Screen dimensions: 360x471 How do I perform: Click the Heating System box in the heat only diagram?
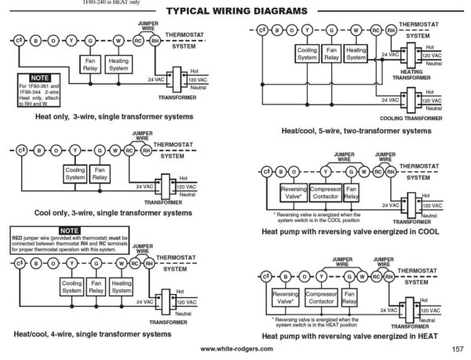pyautogui.click(x=119, y=65)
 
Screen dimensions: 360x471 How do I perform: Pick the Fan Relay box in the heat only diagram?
pyautogui.click(x=90, y=65)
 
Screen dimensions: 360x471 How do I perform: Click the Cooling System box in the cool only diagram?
pyautogui.click(x=75, y=173)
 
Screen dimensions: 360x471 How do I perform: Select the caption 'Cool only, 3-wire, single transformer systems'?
pyautogui.click(x=113, y=213)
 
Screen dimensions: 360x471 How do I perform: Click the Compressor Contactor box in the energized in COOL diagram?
pyautogui.click(x=324, y=192)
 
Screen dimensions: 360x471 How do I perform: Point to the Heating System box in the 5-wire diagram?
pyautogui.click(x=356, y=53)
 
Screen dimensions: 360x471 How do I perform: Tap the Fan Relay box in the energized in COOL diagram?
pyautogui.click(x=352, y=192)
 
